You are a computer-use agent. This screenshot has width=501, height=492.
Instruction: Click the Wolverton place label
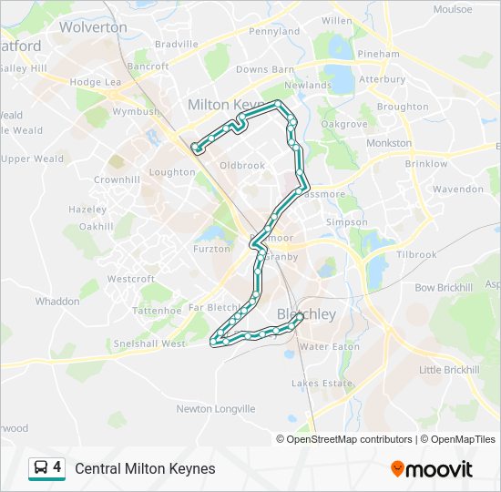pos(93,27)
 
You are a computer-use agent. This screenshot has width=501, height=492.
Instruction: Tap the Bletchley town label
pos(306,314)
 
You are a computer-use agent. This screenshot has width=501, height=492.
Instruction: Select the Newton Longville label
pos(216,409)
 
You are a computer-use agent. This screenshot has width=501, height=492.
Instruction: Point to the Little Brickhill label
pos(449,370)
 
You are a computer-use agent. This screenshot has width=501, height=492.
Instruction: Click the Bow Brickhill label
pos(444,288)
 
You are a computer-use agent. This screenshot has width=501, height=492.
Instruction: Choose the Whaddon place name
pos(57,301)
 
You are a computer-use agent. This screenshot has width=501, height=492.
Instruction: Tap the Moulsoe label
pos(453,9)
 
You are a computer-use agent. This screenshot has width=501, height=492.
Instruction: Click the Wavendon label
pos(458,190)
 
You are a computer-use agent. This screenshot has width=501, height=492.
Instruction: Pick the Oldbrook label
pos(242,165)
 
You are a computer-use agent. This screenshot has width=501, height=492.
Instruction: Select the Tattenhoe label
pos(158,311)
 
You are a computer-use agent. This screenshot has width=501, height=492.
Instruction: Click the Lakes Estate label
pos(322,384)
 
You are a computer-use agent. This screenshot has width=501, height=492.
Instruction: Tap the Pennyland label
pos(274,31)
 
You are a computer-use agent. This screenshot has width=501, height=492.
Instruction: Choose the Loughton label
pos(172,171)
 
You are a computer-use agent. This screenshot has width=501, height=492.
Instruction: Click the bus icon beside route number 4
pos(41,468)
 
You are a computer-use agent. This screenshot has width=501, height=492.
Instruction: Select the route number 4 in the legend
pos(57,467)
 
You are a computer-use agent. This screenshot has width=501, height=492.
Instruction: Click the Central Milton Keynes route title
pos(146,468)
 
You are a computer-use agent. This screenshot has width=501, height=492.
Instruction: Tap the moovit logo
pos(432,468)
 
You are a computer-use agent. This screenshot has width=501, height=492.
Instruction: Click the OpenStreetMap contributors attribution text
pos(350,439)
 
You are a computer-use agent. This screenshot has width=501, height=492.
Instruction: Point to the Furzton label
pos(211,249)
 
